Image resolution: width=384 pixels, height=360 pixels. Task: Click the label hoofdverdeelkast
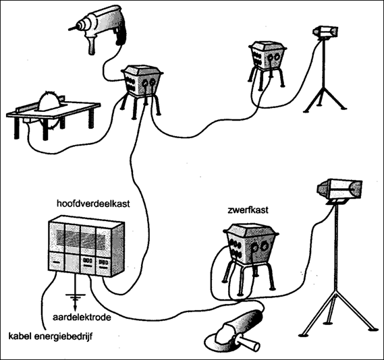pos(93,204)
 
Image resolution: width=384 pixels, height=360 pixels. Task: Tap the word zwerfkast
pos(248,210)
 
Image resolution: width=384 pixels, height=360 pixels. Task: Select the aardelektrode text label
pos(82,318)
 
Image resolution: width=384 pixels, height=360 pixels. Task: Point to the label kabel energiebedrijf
pos(51,336)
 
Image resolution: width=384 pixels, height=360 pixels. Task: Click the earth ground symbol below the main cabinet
pos(76,297)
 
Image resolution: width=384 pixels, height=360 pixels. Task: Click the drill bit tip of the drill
pos(69,29)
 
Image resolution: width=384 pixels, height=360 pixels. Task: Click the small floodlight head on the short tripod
pos(326,32)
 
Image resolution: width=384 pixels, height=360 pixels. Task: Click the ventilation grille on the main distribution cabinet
pos(81,239)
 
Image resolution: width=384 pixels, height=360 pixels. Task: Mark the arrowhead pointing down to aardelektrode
pos(75,307)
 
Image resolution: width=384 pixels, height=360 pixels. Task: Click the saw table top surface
pos(54,110)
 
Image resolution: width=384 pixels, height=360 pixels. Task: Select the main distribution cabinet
pos(86,246)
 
